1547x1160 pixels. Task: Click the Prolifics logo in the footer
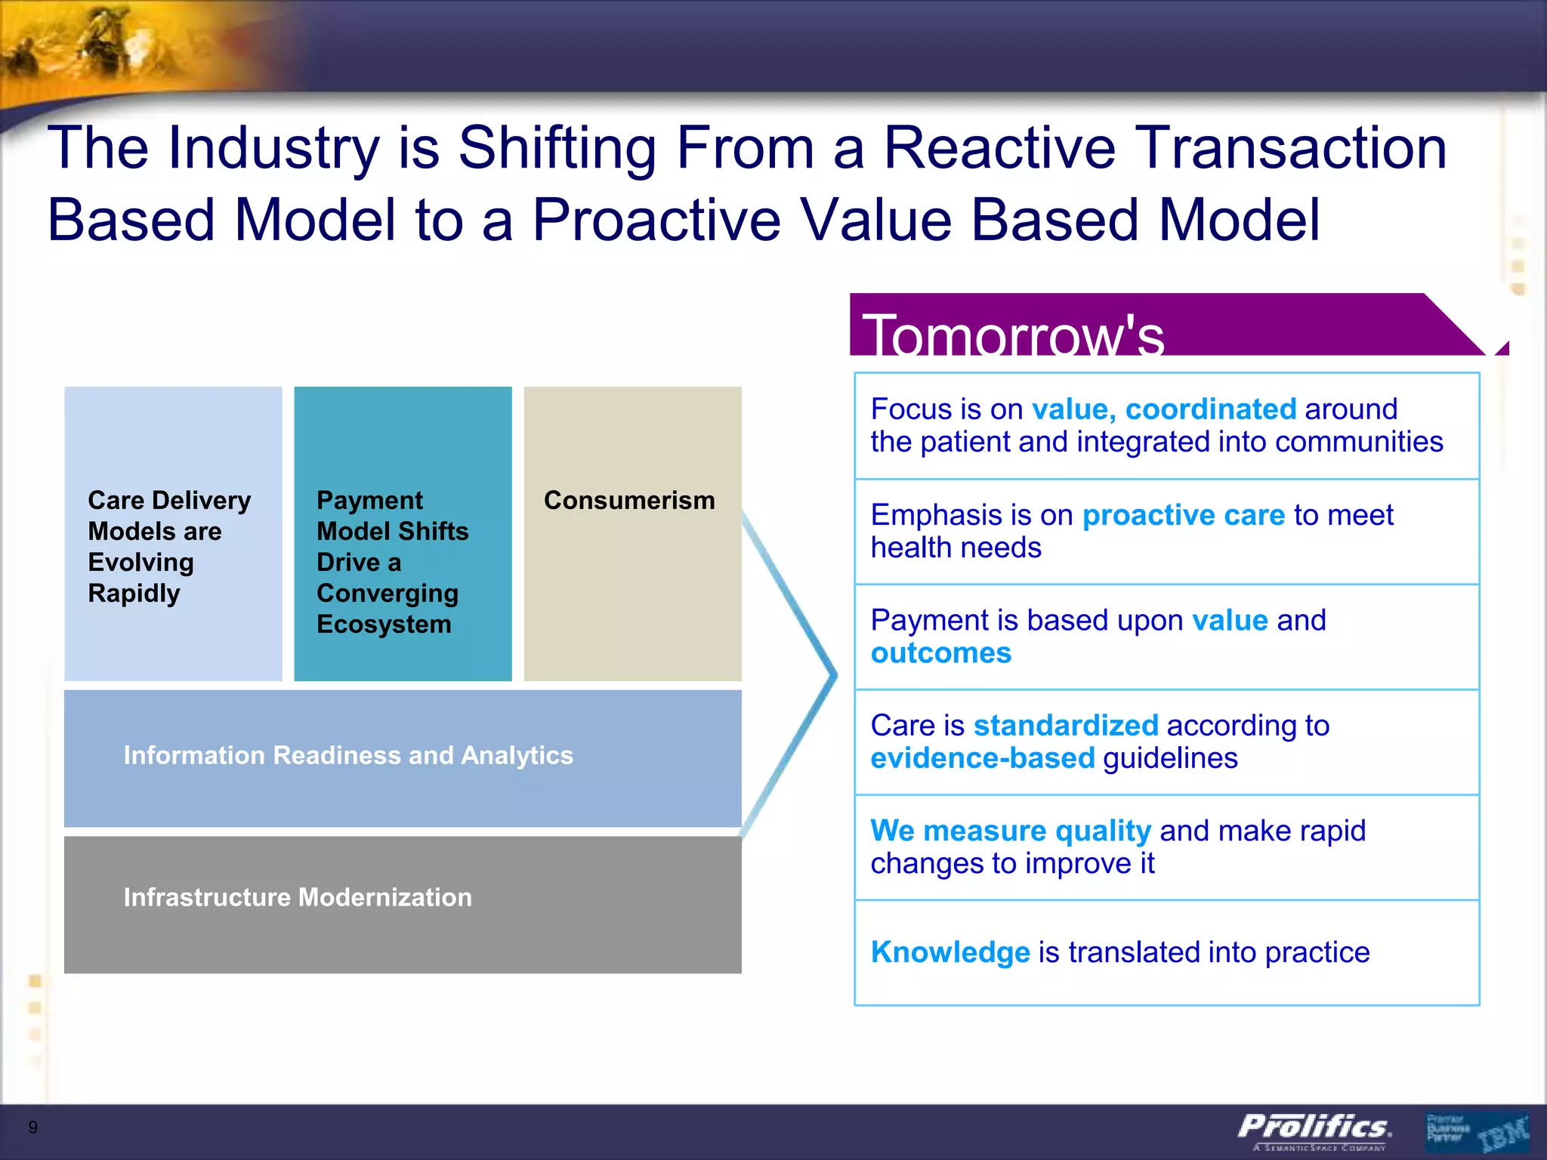[x=1314, y=1128]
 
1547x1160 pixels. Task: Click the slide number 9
[x=32, y=1128]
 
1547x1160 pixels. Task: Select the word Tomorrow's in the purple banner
[x=1013, y=335]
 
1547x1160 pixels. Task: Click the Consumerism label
[x=629, y=501]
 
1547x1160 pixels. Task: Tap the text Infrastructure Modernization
[x=298, y=897]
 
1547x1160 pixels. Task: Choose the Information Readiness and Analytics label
[x=348, y=755]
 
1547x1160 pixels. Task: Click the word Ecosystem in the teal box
[x=384, y=625]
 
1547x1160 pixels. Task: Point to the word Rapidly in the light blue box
[x=134, y=594]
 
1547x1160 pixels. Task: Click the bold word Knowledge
[x=950, y=952]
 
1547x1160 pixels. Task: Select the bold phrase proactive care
[x=1183, y=515]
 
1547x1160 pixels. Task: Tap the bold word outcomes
[x=940, y=653]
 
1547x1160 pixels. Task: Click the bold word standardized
[x=1065, y=726]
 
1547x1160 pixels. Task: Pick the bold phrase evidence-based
[x=982, y=758]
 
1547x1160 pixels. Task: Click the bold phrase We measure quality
[x=1011, y=831]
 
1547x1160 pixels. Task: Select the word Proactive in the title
[x=656, y=220]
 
